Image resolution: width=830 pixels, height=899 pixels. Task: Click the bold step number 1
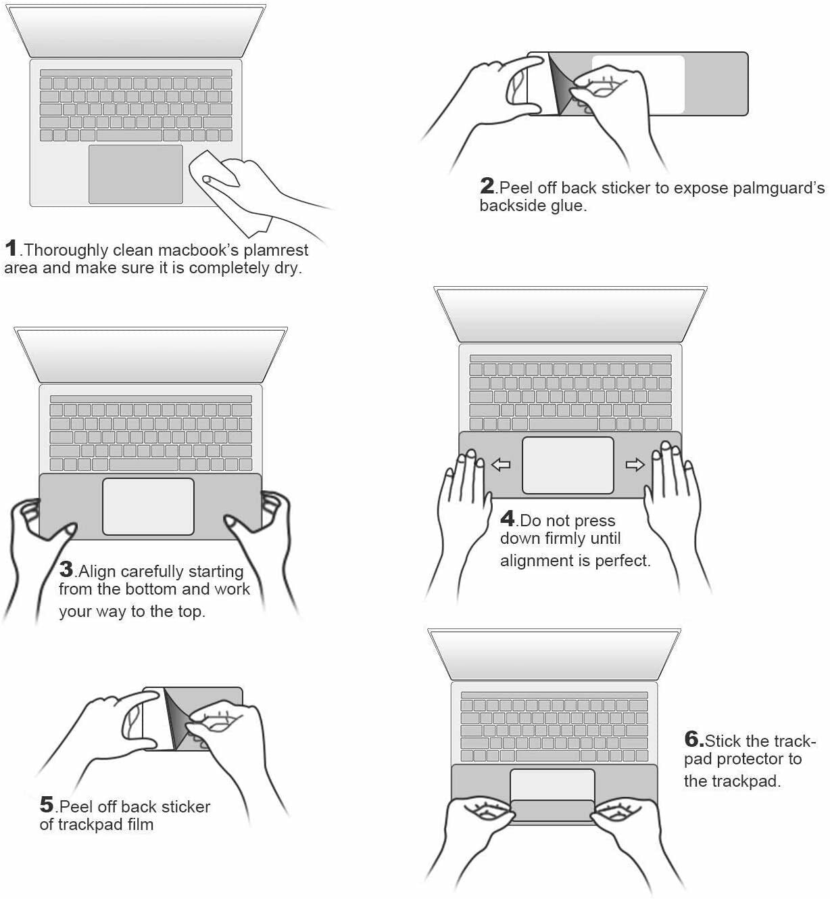11,248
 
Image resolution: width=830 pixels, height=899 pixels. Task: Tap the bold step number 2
487,185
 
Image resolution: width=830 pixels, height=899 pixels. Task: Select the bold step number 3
66,569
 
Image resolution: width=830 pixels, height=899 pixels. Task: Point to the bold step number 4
508,518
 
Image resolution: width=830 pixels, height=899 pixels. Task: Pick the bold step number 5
47,804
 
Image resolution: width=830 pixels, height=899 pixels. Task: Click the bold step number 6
693,739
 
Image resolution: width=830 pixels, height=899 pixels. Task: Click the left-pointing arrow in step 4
501,465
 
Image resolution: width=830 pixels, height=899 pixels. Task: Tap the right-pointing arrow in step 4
635,465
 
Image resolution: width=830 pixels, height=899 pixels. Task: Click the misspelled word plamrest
276,250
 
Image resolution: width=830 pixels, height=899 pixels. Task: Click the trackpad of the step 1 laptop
136,174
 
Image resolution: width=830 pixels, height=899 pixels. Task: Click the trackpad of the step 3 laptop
148,506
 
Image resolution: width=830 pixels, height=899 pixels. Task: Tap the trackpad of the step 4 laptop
568,465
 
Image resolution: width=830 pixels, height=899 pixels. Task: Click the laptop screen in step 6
554,653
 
